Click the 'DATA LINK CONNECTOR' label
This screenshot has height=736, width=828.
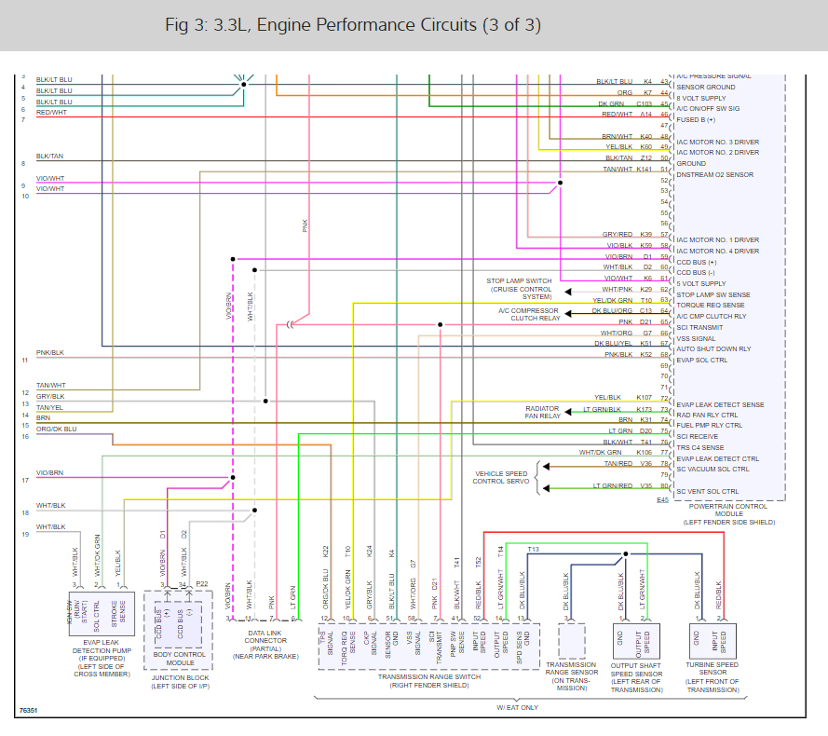tap(265, 639)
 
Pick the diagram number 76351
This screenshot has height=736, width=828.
tap(29, 711)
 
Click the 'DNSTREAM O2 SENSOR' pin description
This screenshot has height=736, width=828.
tap(714, 174)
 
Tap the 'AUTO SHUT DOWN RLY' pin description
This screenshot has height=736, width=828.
tap(713, 348)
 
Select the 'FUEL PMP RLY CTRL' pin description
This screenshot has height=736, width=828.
tap(710, 425)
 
